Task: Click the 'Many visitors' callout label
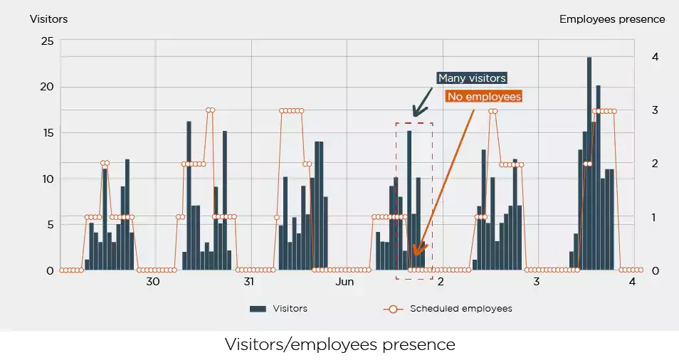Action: [x=472, y=78]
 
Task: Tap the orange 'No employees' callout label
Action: [x=484, y=96]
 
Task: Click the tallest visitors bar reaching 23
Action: [x=589, y=164]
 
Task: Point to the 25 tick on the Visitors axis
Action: [x=47, y=41]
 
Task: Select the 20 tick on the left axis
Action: [x=47, y=87]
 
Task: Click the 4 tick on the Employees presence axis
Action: [x=655, y=57]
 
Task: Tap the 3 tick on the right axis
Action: [x=655, y=110]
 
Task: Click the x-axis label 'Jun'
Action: [x=344, y=282]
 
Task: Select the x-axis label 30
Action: [x=153, y=282]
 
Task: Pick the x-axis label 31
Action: [x=249, y=282]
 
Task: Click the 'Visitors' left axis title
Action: [x=48, y=19]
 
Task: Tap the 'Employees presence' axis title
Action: [x=612, y=19]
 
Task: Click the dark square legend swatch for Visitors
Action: [x=258, y=309]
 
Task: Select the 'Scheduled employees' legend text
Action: [x=460, y=309]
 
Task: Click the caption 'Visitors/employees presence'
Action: [x=339, y=344]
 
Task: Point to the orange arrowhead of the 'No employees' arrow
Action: [x=416, y=251]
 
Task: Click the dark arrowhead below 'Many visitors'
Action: [x=416, y=112]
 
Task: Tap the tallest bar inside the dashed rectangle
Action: [x=409, y=199]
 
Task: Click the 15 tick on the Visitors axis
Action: [x=47, y=133]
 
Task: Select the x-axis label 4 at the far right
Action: [x=632, y=282]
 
